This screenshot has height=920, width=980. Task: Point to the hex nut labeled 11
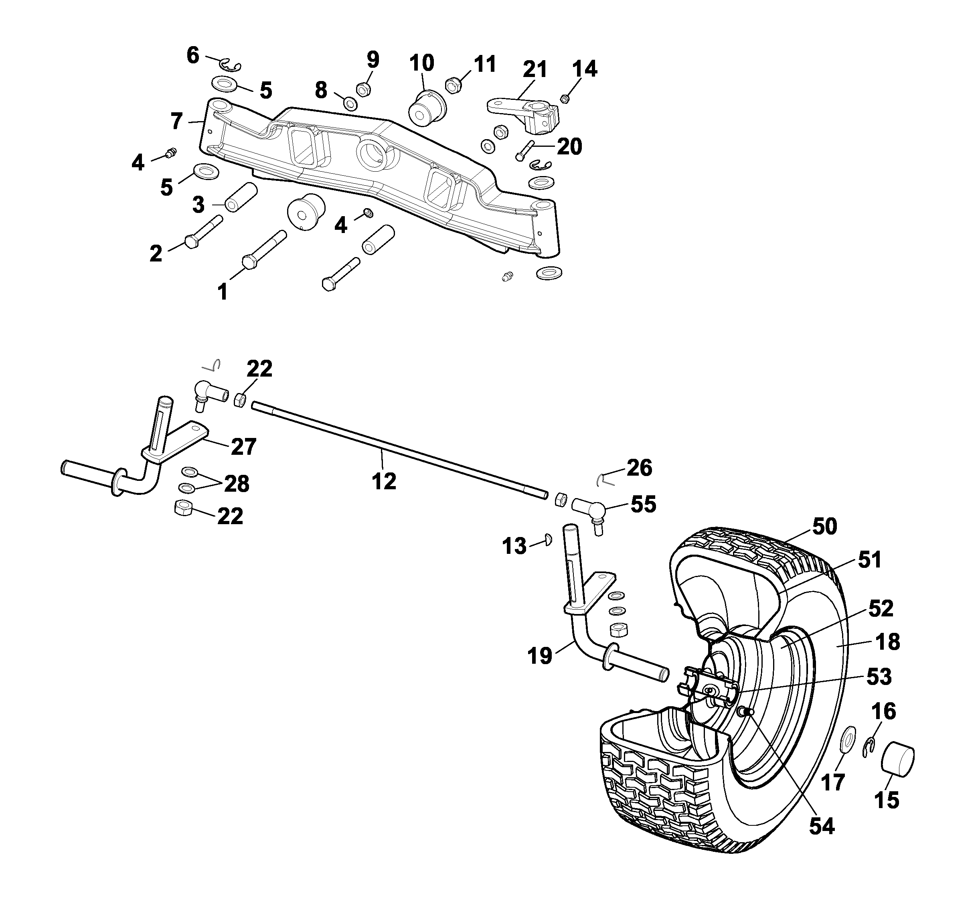(453, 85)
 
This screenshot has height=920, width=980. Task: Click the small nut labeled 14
(565, 99)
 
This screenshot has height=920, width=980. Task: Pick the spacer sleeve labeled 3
(241, 197)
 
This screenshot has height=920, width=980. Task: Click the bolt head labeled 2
(191, 241)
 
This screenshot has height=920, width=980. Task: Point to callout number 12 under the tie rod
(383, 481)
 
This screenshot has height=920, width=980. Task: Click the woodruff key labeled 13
(548, 540)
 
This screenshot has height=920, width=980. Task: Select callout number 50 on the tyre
(825, 527)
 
